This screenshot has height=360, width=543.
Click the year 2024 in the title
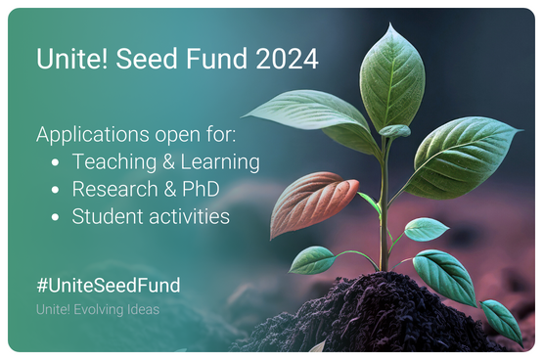[x=287, y=59]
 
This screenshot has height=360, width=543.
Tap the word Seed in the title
[x=147, y=59]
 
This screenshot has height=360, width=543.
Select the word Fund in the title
[x=217, y=59]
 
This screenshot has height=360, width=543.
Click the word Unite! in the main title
[x=72, y=59]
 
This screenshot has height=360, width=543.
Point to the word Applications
[x=93, y=135]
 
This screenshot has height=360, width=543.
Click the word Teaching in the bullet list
[x=114, y=162]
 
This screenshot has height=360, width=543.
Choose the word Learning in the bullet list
[x=220, y=162]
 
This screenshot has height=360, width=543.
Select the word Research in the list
[x=115, y=189]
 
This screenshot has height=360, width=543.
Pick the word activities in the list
[x=190, y=216]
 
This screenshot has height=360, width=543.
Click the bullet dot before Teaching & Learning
[x=55, y=162]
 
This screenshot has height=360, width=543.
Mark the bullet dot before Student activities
[x=55, y=217]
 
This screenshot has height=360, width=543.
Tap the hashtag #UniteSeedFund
[x=109, y=286]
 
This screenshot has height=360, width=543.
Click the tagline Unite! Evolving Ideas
[x=98, y=309]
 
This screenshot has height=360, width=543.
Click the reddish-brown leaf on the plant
[x=312, y=202]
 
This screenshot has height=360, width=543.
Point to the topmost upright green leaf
[x=391, y=79]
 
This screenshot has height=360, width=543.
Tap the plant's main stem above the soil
[x=384, y=207]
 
